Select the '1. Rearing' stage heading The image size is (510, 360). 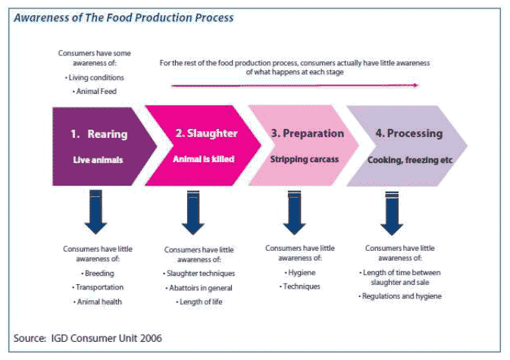coord(99,134)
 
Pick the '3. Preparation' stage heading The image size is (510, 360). coord(307,133)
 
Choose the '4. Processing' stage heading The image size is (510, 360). coord(408,133)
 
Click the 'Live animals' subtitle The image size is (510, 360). coord(99,160)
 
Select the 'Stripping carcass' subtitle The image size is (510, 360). coord(305,160)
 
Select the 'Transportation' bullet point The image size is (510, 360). coord(99,287)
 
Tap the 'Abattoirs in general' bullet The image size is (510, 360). coord(199,287)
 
